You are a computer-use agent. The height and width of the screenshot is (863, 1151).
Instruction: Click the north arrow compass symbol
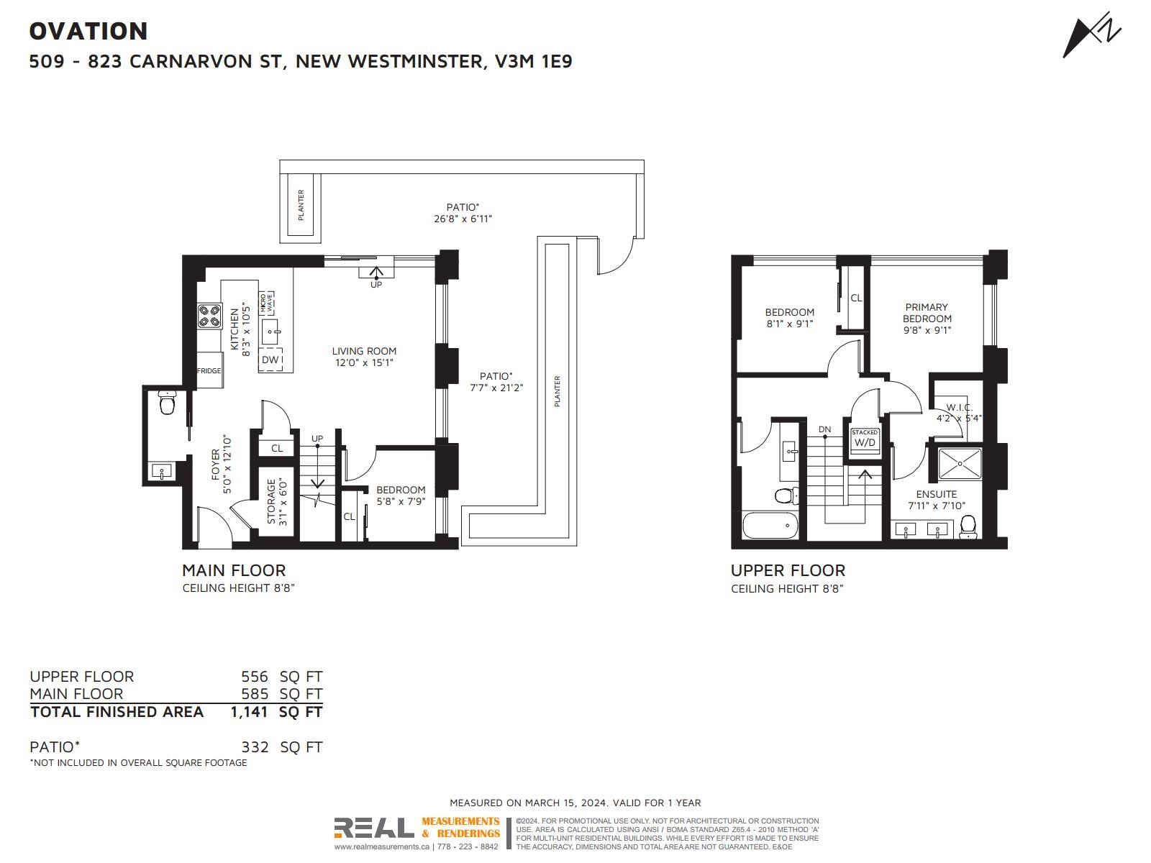coord(1091,35)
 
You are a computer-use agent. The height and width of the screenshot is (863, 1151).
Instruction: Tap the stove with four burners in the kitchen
coord(209,316)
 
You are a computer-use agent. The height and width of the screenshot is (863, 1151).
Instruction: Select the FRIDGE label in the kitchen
coord(209,370)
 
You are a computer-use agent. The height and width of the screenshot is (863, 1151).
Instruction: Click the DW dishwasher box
coord(270,359)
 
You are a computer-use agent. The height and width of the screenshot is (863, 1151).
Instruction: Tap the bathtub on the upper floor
coord(770,526)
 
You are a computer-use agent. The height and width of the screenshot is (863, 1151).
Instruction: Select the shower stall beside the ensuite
coord(960,463)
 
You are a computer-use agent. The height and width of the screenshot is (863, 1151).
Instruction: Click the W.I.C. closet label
coord(959,407)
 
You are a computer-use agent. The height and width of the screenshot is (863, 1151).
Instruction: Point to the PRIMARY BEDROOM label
coord(927,313)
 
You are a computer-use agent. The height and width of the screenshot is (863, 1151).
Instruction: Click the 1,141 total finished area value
coord(249,711)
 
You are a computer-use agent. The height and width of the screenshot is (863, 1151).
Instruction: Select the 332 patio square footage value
coord(255,746)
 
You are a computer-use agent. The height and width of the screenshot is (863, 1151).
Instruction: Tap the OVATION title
coord(88,31)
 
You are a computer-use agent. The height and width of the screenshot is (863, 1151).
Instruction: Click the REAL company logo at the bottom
coord(373,828)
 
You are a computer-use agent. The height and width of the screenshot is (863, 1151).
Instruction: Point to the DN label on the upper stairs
coord(825,429)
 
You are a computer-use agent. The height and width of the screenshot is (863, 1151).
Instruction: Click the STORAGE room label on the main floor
coord(271,501)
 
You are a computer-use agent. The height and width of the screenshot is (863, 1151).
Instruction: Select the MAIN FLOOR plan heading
coord(234,570)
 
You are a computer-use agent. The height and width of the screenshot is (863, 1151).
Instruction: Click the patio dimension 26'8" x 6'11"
coord(463,219)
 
